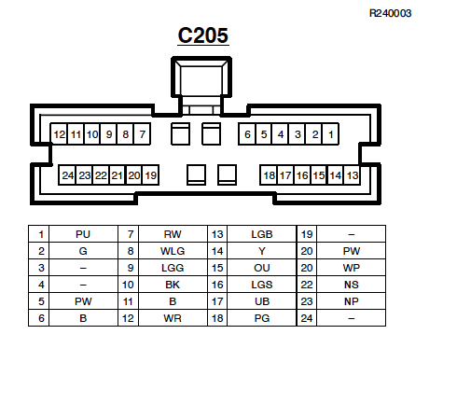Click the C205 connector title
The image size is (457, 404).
pos(203,35)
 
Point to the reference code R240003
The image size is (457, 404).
pos(390,13)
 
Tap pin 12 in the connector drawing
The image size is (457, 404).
pos(60,134)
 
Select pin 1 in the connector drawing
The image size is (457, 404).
pos(331,134)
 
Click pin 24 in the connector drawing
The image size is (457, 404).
pos(68,175)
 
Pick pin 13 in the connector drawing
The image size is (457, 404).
pos(353,175)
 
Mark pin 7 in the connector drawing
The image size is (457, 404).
pos(143,134)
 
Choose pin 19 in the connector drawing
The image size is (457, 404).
pos(151,175)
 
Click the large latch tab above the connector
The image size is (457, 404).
pos(201,77)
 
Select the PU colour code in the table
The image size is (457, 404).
pos(83,234)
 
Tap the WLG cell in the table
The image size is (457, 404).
pos(173,251)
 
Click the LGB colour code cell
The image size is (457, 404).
pos(262,234)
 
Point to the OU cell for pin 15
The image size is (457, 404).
pos(262,268)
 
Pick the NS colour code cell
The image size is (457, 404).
pos(352,285)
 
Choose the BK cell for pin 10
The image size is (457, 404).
pos(173,285)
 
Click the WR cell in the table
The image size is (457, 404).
pos(173,318)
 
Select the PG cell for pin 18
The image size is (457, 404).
pos(262,318)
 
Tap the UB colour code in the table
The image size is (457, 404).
pos(262,301)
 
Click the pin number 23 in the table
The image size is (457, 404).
pos(307,301)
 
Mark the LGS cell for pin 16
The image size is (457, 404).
pos(262,285)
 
